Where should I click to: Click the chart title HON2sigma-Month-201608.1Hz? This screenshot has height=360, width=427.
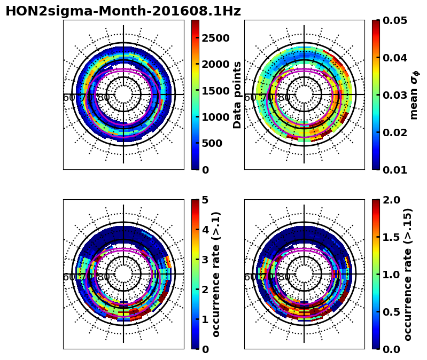tap(123, 11)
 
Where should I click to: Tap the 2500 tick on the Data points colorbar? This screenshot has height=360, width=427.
tap(215, 38)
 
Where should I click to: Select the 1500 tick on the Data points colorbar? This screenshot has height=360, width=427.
tap(215, 91)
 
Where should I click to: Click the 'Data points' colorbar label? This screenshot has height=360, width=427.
tap(237, 95)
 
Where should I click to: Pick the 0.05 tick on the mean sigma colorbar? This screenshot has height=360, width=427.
tap(396, 20)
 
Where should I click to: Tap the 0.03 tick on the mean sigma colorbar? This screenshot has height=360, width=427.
tap(396, 95)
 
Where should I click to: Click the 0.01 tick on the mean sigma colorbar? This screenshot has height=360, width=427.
tap(396, 170)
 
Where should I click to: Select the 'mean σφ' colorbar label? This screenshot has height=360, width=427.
tap(414, 95)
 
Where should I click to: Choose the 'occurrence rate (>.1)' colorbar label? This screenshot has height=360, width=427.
tap(216, 274)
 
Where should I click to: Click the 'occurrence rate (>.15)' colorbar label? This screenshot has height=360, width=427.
tap(408, 274)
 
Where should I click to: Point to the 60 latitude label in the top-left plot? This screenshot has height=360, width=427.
tap(69, 98)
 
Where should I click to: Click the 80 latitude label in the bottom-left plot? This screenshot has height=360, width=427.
tap(103, 277)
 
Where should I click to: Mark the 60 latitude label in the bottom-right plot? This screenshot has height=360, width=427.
tap(250, 277)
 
